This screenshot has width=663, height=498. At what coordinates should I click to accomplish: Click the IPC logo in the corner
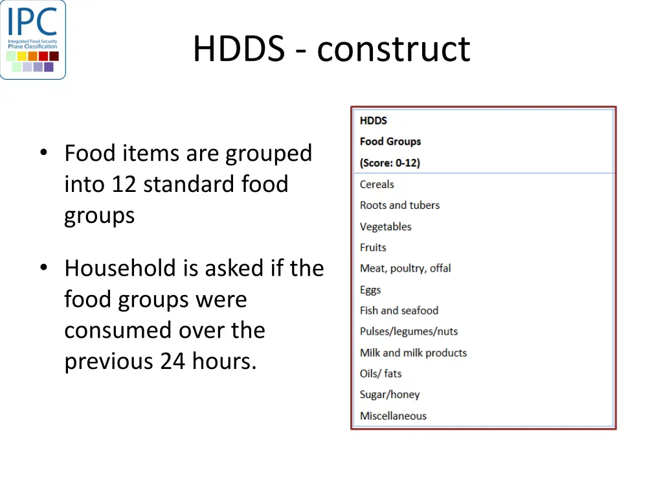(x=33, y=40)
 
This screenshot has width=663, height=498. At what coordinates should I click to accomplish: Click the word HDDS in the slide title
(x=238, y=49)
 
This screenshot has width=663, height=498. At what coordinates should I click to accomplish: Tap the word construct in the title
(x=394, y=49)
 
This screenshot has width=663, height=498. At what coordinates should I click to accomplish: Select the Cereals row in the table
(x=377, y=184)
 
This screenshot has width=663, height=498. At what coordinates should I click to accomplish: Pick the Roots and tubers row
(x=399, y=205)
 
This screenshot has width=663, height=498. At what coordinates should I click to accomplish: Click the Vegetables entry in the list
(x=385, y=226)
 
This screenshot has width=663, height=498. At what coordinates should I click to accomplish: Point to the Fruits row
(x=373, y=247)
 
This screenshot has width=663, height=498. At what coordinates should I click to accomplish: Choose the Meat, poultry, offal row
(x=405, y=268)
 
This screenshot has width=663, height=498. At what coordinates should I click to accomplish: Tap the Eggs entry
(x=370, y=290)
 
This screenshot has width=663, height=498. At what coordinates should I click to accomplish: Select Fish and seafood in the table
(x=399, y=311)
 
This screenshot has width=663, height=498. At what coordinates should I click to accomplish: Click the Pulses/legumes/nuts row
(x=409, y=331)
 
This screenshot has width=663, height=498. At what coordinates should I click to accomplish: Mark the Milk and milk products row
(x=413, y=353)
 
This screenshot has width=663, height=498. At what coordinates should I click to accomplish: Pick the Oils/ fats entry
(x=381, y=373)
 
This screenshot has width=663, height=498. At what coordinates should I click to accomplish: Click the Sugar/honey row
(x=390, y=394)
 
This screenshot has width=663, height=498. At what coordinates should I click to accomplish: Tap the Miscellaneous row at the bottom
(x=393, y=416)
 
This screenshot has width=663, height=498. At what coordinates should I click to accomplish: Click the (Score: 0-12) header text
(x=390, y=163)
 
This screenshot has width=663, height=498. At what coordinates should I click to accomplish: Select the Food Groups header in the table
(x=390, y=141)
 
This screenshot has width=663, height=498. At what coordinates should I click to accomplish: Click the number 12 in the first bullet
(x=124, y=185)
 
